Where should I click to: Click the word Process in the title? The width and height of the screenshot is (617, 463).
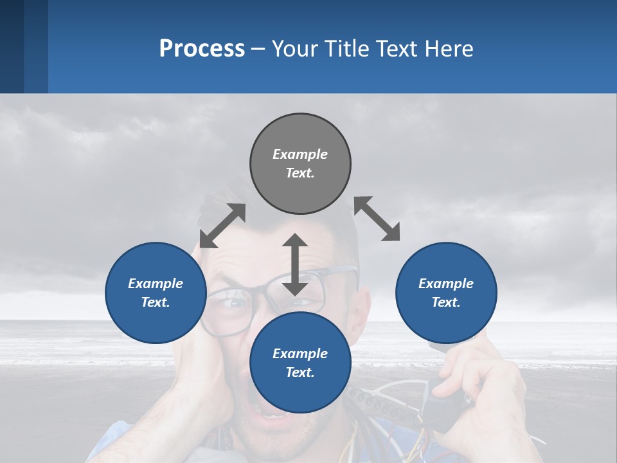tap(202, 49)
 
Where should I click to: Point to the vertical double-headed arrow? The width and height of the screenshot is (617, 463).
tap(295, 264)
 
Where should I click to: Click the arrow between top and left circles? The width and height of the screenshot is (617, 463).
tap(222, 226)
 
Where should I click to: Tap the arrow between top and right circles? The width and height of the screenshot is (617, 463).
tap(377, 219)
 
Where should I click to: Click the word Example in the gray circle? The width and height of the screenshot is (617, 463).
tap(300, 154)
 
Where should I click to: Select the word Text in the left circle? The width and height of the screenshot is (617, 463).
tap(156, 302)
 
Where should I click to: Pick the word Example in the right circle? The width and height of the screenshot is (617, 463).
tap(446, 284)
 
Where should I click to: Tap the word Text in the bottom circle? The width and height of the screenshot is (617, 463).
tap(300, 372)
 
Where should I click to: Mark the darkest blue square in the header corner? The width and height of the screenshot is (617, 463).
tap(12, 46)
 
